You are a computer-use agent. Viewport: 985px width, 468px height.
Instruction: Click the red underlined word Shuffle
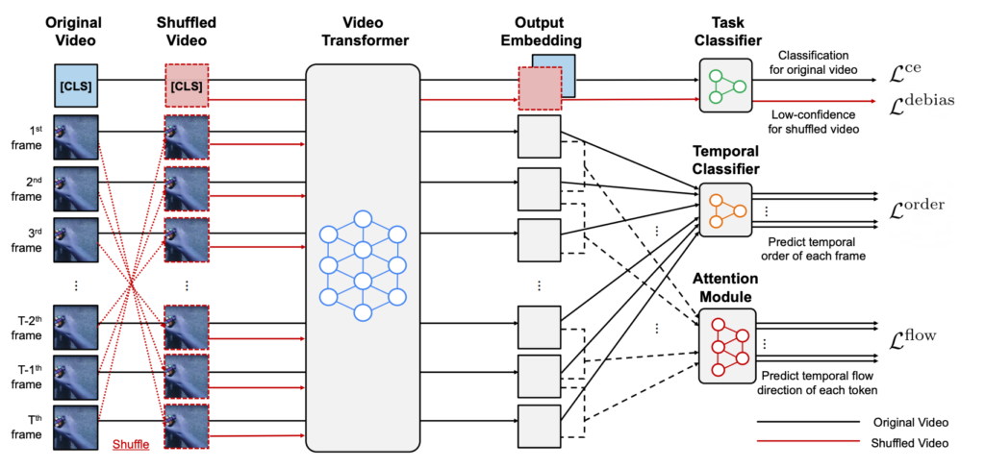click(131, 444)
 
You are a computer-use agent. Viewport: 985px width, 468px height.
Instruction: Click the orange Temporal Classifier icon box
click(726, 208)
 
